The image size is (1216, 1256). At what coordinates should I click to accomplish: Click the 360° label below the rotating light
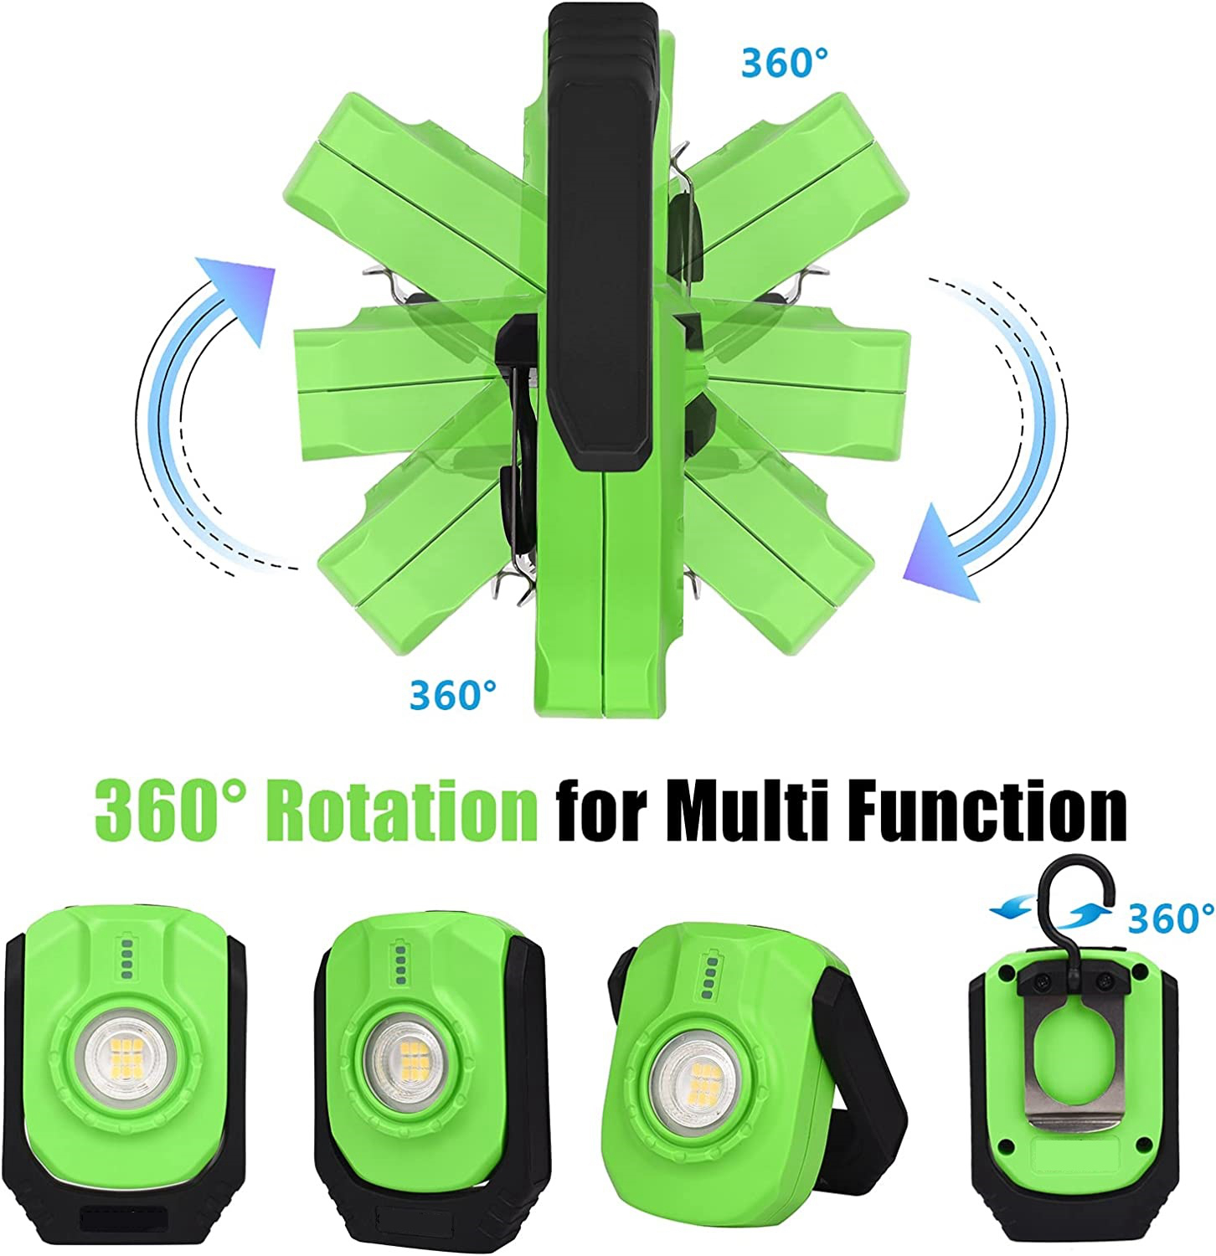tap(453, 694)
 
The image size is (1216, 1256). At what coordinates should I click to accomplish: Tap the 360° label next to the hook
tap(1170, 918)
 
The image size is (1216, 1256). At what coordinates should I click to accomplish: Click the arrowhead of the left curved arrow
tap(240, 292)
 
